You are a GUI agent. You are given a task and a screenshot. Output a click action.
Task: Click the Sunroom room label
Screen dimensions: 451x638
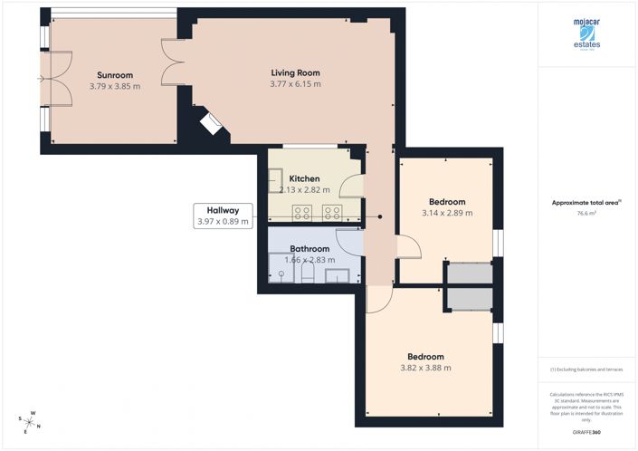tap(115, 75)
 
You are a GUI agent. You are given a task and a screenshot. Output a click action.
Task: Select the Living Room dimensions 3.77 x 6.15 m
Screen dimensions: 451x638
tap(295, 84)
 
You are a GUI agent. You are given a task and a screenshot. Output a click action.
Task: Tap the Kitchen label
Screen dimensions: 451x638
tap(304, 178)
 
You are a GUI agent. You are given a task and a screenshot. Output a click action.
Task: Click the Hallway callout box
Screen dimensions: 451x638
tap(222, 216)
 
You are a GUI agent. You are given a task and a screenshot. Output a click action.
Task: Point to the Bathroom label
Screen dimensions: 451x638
tap(309, 248)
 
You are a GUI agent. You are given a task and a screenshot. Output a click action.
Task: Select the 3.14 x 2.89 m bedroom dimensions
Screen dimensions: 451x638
tap(447, 213)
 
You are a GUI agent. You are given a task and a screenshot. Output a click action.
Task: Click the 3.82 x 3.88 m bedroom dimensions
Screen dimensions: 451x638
tap(425, 368)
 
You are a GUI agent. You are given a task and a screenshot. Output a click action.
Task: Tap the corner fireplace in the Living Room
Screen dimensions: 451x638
tap(210, 123)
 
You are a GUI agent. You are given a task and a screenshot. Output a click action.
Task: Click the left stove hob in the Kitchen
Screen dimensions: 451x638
tap(303, 213)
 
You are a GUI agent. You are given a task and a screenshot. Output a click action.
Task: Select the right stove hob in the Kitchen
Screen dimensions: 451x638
tap(332, 213)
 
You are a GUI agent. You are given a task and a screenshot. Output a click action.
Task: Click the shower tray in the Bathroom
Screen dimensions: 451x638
tap(281, 272)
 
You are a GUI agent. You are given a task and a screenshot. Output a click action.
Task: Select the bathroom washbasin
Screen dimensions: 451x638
tap(337, 276)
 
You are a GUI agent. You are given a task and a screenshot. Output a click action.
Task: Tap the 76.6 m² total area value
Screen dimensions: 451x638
tap(587, 214)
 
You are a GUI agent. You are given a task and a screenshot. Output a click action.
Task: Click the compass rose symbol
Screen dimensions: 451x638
tap(30, 421)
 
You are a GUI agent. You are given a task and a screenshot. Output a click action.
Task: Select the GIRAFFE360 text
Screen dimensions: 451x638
tap(587, 434)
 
